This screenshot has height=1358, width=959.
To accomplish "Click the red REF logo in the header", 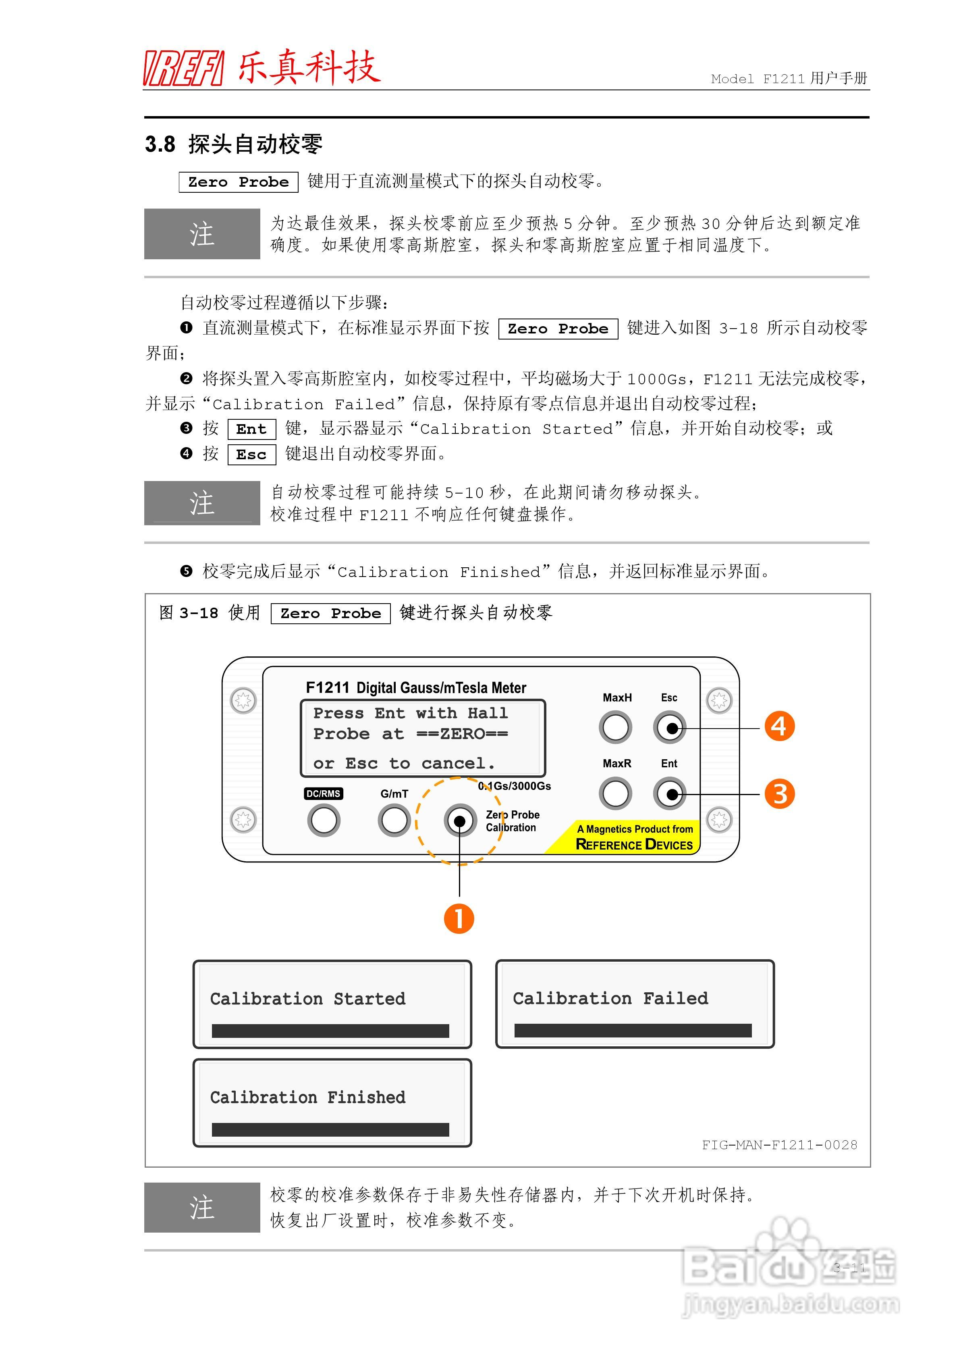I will (183, 68).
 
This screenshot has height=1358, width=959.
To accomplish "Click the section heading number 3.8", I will (160, 144).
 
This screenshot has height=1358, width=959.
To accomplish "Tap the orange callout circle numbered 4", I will (779, 726).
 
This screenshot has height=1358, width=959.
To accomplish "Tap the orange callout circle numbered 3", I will (779, 794).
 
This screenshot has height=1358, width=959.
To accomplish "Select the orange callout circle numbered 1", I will (459, 919).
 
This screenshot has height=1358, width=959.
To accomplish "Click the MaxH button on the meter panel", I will (615, 727).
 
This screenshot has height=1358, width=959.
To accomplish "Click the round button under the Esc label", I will (669, 727).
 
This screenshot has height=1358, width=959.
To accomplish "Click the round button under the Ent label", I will (669, 794).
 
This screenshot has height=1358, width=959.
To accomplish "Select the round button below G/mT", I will (394, 821).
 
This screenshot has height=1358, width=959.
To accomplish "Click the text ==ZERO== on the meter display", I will (462, 734).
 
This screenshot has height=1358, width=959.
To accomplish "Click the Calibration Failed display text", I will (610, 998).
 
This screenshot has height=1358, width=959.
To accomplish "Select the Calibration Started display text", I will (307, 999).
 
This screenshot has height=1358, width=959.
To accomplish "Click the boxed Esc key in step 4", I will (251, 455).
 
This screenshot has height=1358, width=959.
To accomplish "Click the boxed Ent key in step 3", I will (251, 429).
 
